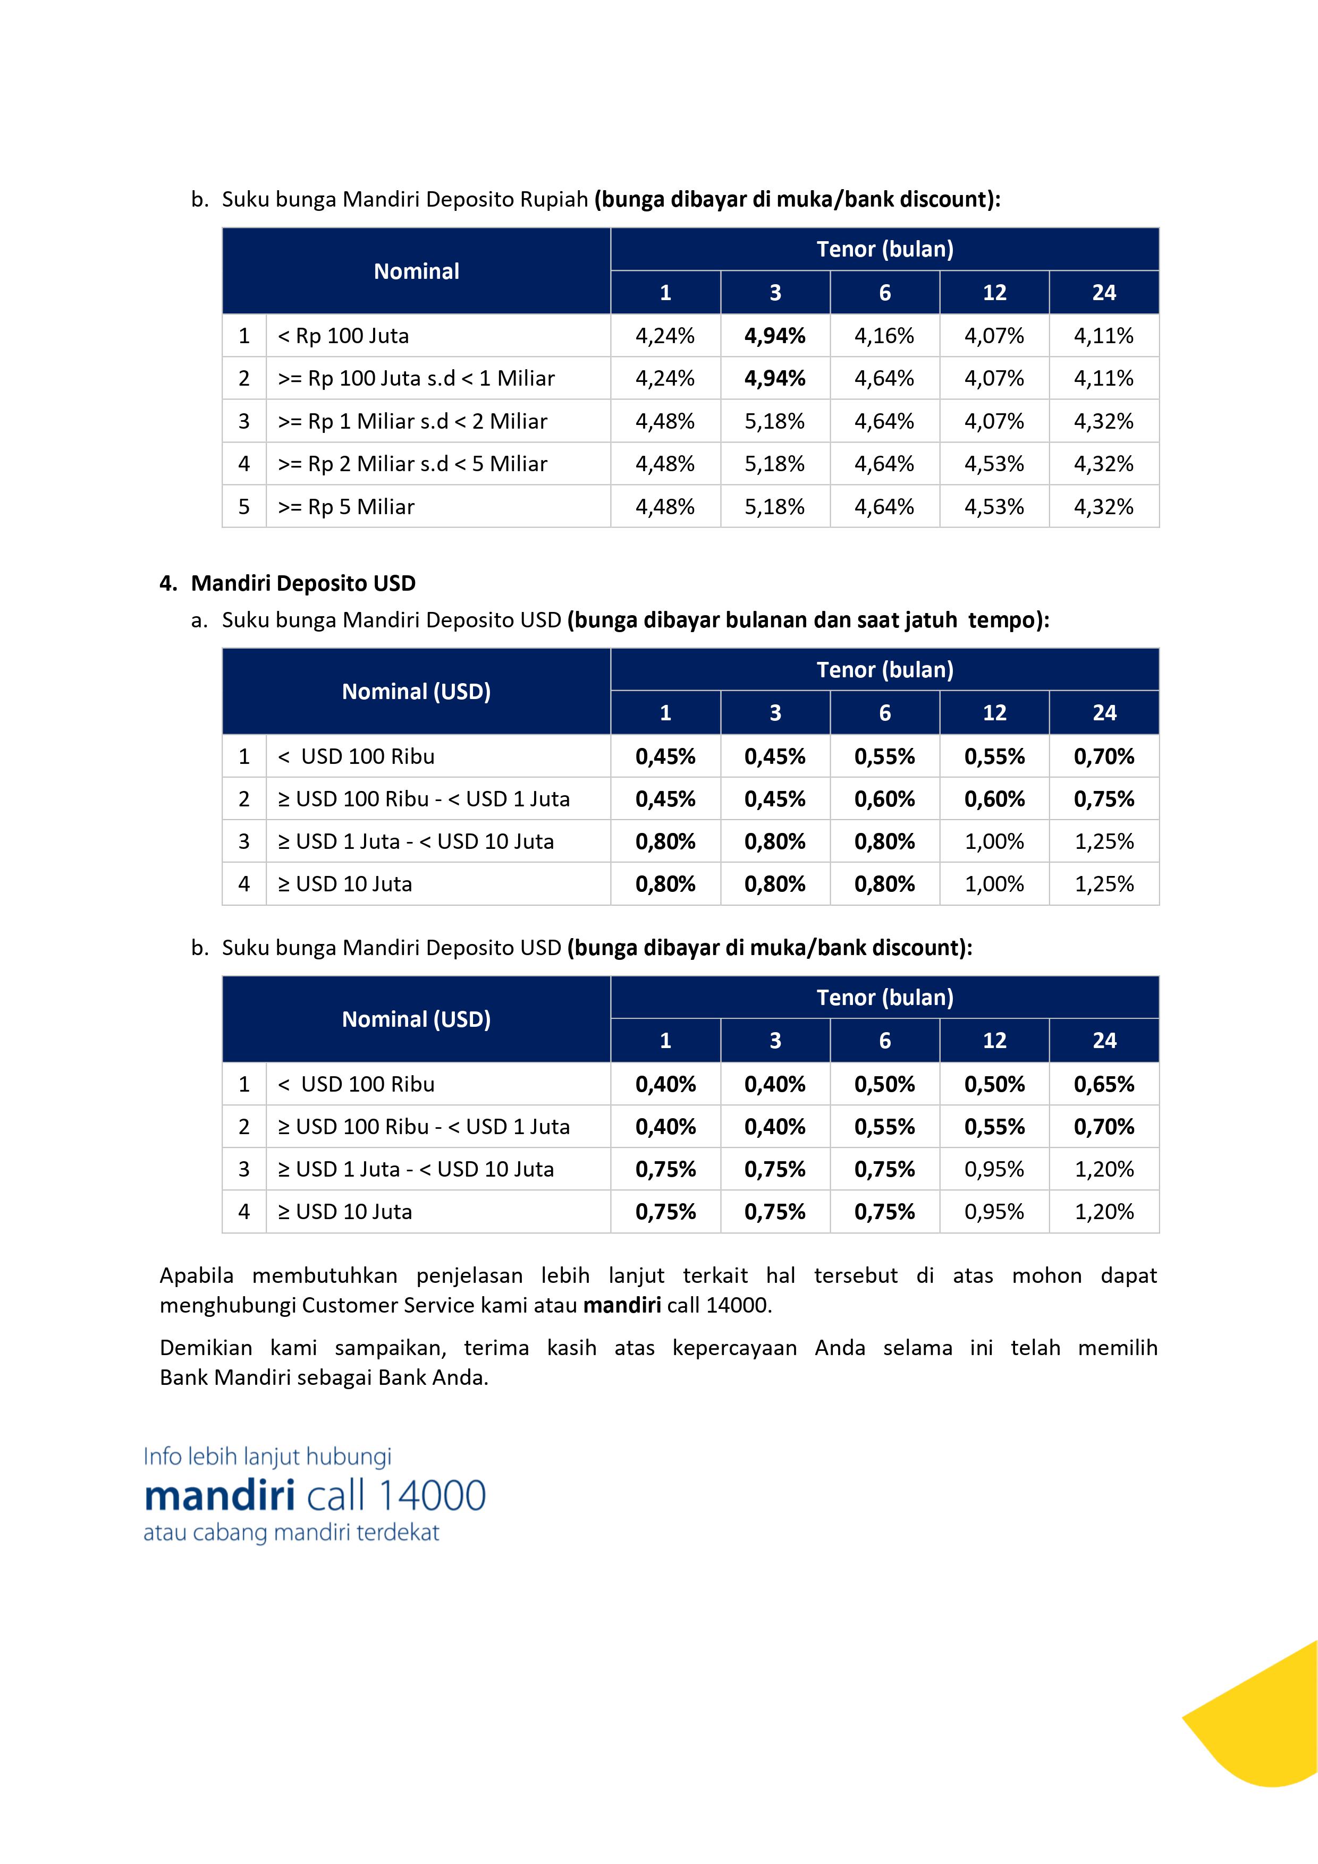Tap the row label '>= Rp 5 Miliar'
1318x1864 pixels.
point(346,507)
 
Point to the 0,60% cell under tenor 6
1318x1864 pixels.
point(884,799)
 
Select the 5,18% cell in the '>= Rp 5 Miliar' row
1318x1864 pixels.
point(775,507)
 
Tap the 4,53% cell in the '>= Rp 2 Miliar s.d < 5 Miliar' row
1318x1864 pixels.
point(994,464)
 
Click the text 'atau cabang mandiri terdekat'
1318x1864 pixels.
point(291,1533)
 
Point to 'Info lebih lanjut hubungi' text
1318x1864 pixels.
point(267,1457)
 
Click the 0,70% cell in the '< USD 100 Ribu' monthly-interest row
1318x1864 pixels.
point(1104,756)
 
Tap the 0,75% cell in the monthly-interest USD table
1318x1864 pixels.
point(1104,799)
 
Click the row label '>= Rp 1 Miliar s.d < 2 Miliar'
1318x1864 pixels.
point(412,421)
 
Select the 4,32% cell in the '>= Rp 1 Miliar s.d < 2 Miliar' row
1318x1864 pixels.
point(1104,421)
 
